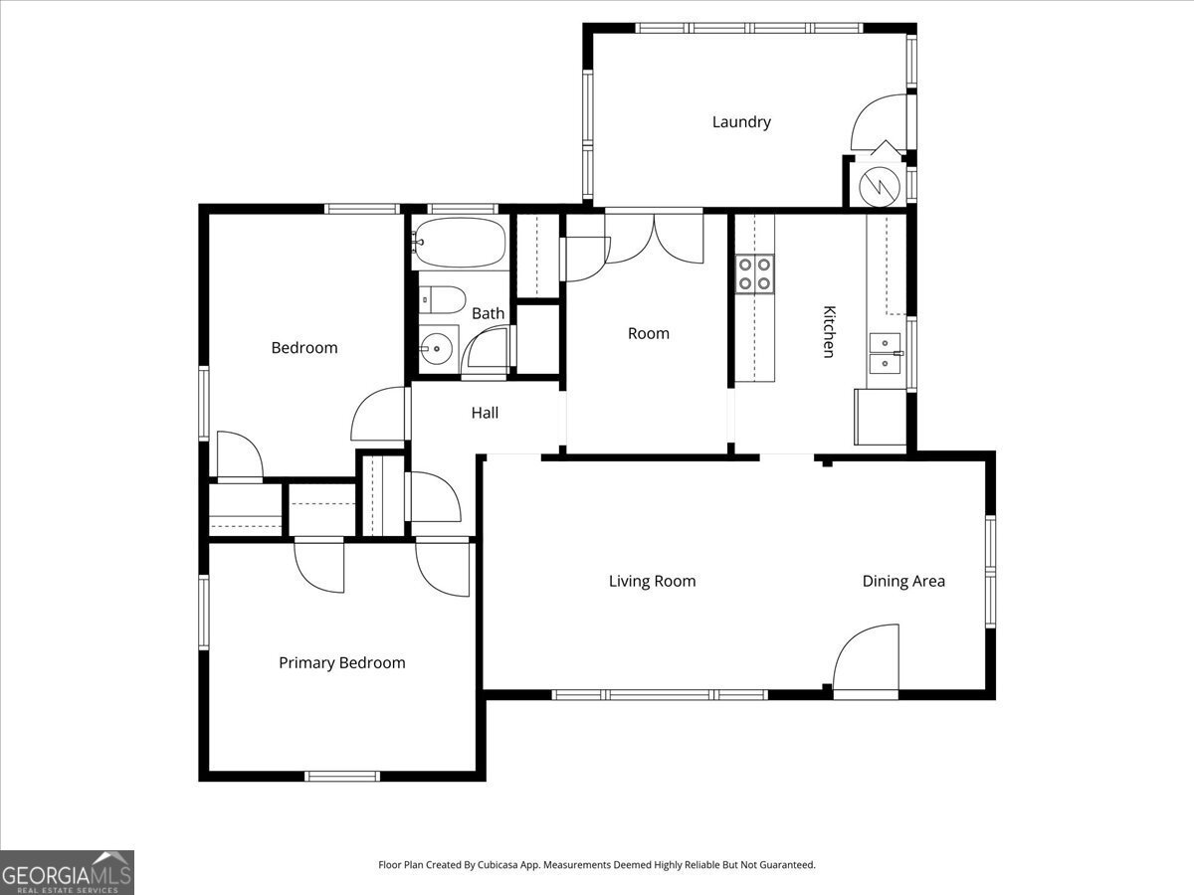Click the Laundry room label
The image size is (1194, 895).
[741, 122]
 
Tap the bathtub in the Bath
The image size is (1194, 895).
[460, 243]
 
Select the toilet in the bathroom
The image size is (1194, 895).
[442, 299]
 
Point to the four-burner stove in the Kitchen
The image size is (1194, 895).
[754, 273]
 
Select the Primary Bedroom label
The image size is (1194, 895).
[341, 663]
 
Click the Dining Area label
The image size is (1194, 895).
[903, 582]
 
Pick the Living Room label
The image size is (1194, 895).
[652, 582]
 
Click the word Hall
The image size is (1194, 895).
[485, 413]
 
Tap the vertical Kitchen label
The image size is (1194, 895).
[827, 331]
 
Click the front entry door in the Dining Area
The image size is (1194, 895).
[867, 661]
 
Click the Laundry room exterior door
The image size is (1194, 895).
[880, 123]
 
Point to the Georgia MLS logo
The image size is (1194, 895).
[67, 872]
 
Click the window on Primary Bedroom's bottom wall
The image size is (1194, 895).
[342, 776]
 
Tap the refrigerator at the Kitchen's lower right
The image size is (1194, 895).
[880, 417]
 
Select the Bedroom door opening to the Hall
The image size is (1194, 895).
[380, 416]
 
